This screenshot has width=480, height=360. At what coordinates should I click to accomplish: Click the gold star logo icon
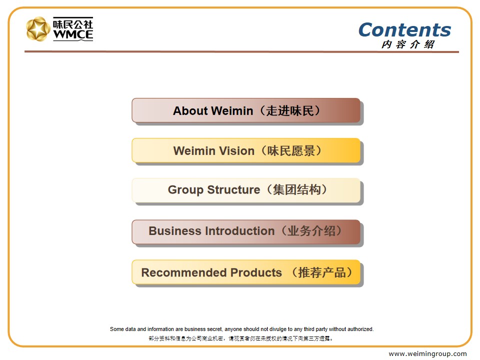38,29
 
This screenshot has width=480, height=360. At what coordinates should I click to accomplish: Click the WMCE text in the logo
73,34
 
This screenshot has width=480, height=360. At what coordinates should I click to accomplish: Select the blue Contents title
404,30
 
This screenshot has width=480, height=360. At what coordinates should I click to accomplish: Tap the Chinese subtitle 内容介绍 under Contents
408,44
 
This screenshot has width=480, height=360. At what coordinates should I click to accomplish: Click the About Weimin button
246,110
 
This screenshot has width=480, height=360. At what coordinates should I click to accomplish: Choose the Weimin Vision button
246,150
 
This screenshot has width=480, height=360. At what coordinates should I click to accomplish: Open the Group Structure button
246,190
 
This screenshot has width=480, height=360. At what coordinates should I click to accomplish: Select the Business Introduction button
246,231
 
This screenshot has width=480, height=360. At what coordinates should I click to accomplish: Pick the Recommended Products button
246,272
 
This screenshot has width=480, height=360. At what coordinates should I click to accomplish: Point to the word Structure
233,190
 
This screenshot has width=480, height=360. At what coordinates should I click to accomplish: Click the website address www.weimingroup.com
427,354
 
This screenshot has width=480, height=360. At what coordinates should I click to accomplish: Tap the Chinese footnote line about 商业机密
240,338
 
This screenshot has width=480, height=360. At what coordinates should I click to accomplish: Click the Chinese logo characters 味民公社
73,23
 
